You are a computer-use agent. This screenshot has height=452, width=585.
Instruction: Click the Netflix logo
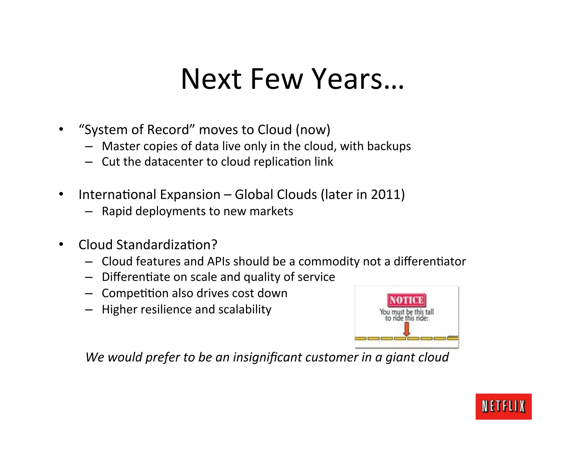point(503,406)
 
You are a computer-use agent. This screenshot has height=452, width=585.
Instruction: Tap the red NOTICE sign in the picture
point(406,300)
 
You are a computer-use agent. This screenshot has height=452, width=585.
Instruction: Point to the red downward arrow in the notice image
point(406,329)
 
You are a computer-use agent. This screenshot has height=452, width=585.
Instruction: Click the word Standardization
point(167,245)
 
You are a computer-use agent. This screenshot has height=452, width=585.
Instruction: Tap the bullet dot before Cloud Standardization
point(61,245)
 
